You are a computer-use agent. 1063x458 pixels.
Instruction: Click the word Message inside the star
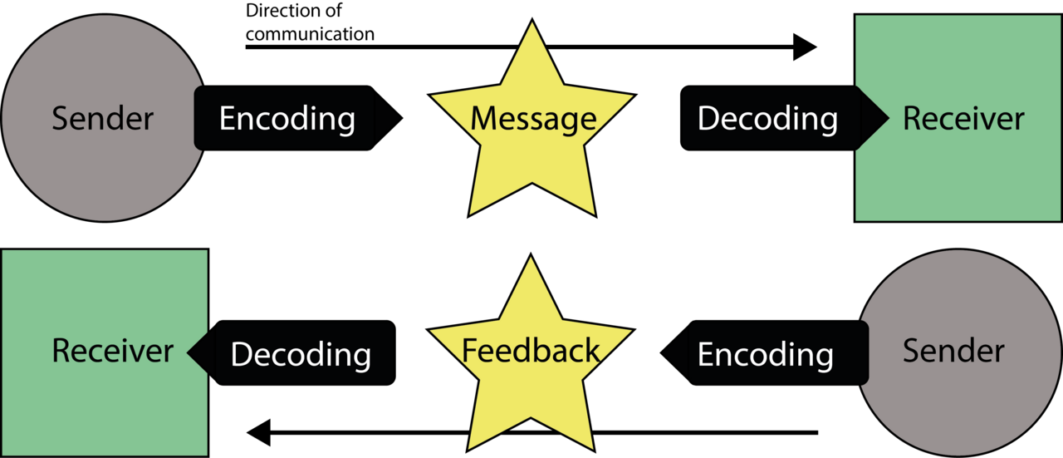pyautogui.click(x=533, y=119)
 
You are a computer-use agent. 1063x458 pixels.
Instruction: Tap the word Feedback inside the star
pyautogui.click(x=531, y=351)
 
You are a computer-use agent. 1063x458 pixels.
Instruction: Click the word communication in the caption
pyautogui.click(x=310, y=34)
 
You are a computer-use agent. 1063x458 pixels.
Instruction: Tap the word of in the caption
pyautogui.click(x=333, y=11)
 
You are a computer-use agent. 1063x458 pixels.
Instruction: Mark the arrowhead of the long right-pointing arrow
pyautogui.click(x=805, y=47)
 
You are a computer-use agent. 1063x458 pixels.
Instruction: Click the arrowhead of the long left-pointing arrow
pyautogui.click(x=258, y=432)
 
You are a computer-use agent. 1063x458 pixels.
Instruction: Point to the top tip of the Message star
pyautogui.click(x=532, y=19)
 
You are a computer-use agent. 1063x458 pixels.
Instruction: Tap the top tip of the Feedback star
pyautogui.click(x=531, y=254)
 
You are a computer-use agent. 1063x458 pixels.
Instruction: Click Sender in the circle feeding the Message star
pyautogui.click(x=102, y=118)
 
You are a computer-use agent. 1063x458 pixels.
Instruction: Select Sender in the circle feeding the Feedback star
pyautogui.click(x=953, y=351)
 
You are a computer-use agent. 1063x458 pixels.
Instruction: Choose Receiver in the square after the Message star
pyautogui.click(x=963, y=118)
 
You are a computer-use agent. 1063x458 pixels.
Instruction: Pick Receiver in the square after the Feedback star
pyautogui.click(x=112, y=351)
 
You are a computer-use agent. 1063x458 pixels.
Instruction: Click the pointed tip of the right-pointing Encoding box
pyautogui.click(x=403, y=118)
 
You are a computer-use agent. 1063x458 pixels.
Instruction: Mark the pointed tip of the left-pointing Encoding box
pyautogui.click(x=660, y=352)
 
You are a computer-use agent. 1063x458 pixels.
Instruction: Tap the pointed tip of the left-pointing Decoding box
pyautogui.click(x=188, y=352)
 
